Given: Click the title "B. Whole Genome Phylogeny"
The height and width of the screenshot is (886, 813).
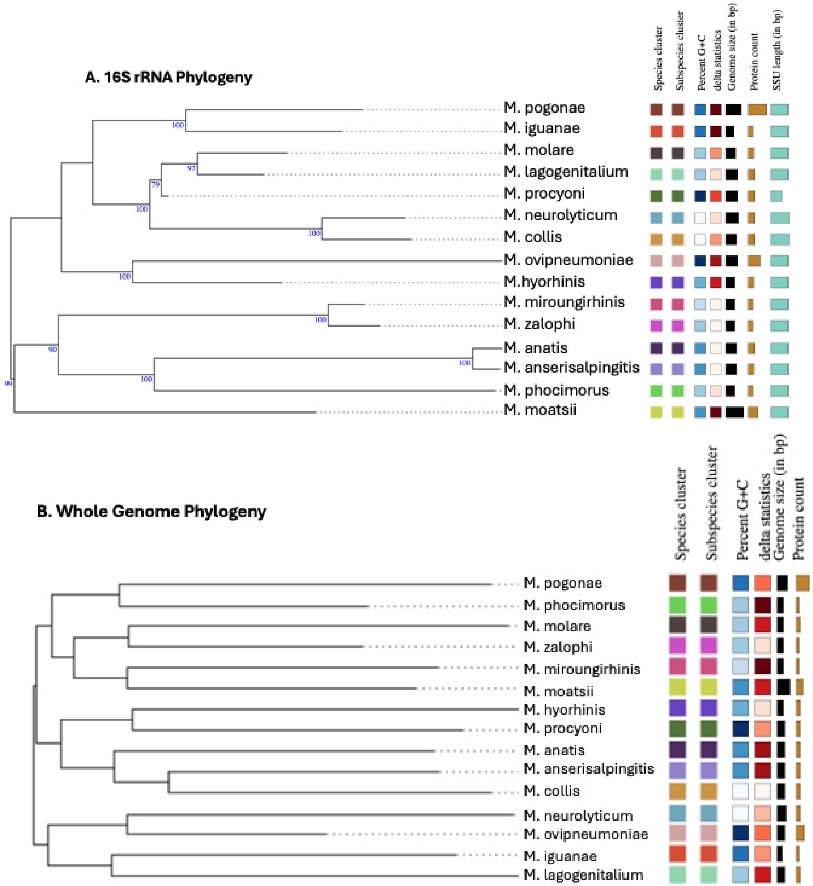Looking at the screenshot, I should pyautogui.click(x=152, y=511).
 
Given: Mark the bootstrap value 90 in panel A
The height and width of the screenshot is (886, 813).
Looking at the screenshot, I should pyautogui.click(x=52, y=349).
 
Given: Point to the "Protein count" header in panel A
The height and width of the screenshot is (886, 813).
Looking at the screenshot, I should pyautogui.click(x=754, y=62).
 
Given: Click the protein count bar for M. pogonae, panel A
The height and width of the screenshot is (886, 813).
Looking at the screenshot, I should pyautogui.click(x=757, y=110).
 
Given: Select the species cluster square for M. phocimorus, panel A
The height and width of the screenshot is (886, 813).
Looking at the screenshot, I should pyautogui.click(x=656, y=390).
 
